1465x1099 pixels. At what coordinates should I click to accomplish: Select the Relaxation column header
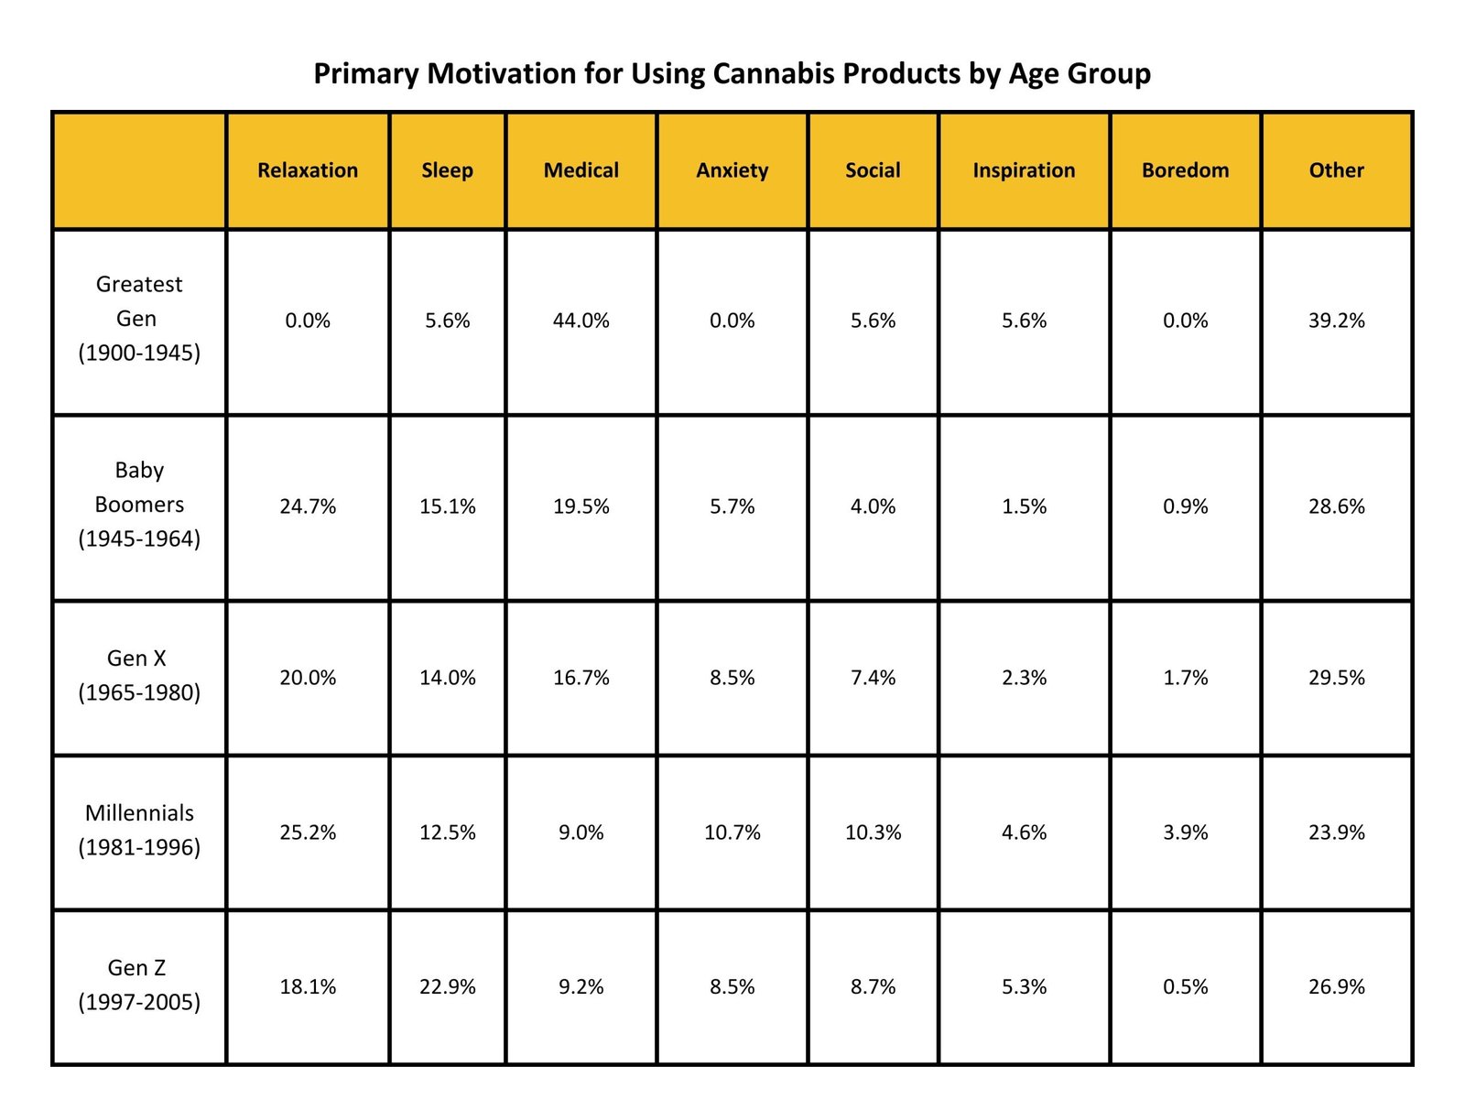pos(308,170)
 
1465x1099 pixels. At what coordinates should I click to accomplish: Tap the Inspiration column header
pos(1024,170)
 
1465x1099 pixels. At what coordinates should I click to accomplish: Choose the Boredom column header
pos(1185,170)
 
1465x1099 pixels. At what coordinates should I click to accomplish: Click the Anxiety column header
pos(732,170)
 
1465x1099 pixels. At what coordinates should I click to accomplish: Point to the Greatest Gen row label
pos(139,319)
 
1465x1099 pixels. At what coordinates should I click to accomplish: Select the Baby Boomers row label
pos(139,505)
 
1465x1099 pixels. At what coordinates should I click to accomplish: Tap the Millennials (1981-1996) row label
pos(139,830)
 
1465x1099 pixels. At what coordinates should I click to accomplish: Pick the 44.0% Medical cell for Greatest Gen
pos(581,321)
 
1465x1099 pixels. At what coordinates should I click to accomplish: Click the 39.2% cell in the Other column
pos(1336,321)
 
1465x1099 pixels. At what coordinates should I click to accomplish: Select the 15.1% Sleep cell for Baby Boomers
pos(447,506)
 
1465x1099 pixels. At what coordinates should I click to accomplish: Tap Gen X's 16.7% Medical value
pos(581,678)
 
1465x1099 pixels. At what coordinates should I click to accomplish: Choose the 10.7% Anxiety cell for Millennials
pos(732,832)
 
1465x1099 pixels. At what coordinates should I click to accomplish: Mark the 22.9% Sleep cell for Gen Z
pos(447,987)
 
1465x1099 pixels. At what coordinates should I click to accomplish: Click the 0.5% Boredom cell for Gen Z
pos(1185,987)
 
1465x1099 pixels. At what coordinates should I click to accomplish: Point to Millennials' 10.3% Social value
pos(873,832)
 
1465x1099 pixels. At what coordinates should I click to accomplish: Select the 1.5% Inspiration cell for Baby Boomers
pos(1024,506)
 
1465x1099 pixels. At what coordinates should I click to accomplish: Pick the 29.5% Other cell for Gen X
pos(1336,678)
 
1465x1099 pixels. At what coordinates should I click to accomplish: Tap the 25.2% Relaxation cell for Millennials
pos(308,832)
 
